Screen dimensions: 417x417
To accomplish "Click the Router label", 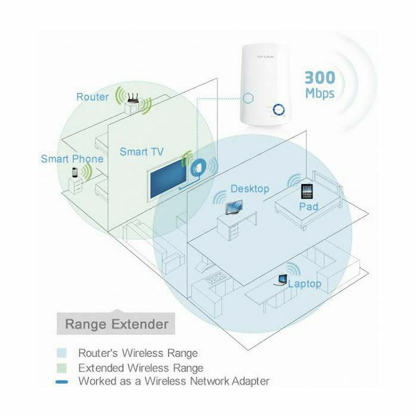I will point(92,97).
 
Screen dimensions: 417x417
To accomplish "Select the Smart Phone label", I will point(72,159).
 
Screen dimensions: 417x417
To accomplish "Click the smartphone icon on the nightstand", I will point(75,173).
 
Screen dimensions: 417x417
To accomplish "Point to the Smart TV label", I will point(141,152).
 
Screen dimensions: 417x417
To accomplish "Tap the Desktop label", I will point(250,189).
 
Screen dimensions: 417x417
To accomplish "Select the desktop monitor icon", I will point(233,207).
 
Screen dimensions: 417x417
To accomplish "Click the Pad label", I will point(309,207).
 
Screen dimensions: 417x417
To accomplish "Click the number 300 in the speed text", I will point(320,77).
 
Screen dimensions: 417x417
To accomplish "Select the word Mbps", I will point(320,94).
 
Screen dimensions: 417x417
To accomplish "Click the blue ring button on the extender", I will point(279,110).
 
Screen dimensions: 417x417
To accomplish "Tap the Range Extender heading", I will point(116,325).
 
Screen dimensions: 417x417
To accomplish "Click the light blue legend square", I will point(66,353).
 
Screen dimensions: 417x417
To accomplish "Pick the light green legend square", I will point(66,368).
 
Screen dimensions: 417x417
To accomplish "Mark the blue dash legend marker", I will point(66,381).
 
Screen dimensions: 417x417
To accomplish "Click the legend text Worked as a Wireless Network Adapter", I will point(174,381).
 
